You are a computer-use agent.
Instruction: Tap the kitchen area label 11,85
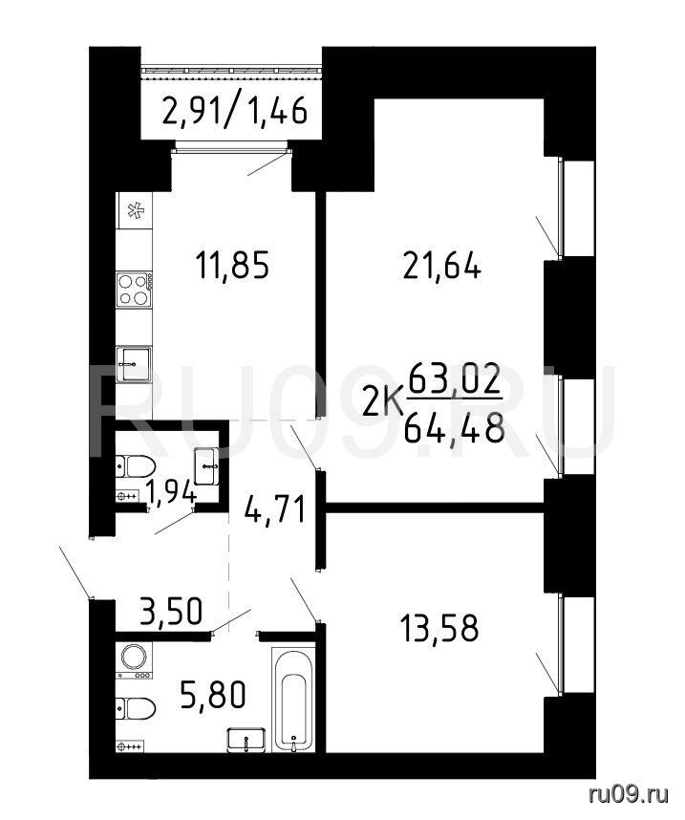pyautogui.click(x=232, y=265)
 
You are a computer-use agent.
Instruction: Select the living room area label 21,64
pyautogui.click(x=441, y=267)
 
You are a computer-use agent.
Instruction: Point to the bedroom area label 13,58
pyautogui.click(x=439, y=628)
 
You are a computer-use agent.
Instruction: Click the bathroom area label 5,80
pyautogui.click(x=213, y=696)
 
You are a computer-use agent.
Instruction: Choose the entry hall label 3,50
pyautogui.click(x=171, y=611)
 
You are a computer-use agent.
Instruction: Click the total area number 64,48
pyautogui.click(x=455, y=428)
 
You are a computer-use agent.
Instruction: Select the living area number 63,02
pyautogui.click(x=455, y=379)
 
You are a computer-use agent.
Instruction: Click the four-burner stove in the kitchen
pyautogui.click(x=135, y=290)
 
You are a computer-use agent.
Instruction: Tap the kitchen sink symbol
pyautogui.click(x=134, y=363)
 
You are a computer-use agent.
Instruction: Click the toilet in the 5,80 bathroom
pyautogui.click(x=136, y=709)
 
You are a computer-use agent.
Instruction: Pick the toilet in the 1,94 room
pyautogui.click(x=136, y=466)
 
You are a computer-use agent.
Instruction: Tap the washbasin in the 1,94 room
pyautogui.click(x=207, y=465)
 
